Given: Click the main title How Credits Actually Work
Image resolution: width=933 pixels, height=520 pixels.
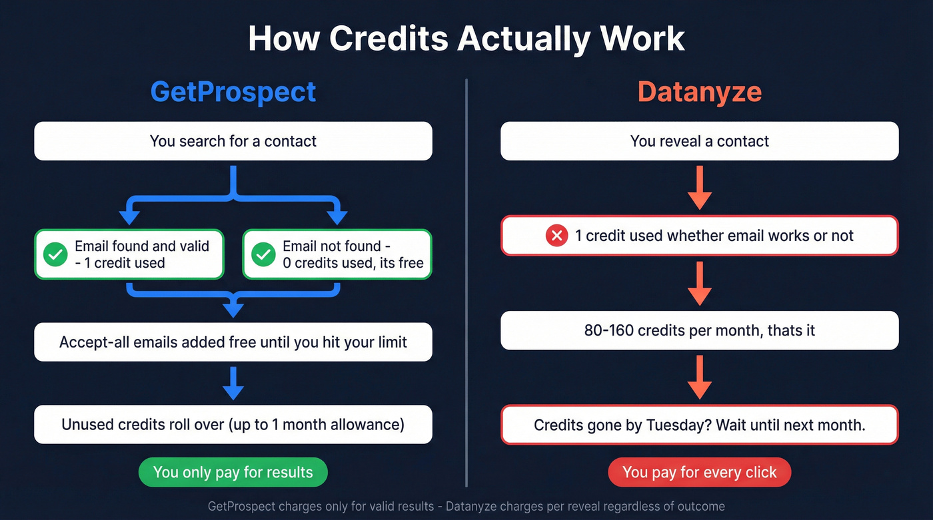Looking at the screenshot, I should (x=466, y=38).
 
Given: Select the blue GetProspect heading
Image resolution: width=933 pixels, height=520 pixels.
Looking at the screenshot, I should (x=233, y=92).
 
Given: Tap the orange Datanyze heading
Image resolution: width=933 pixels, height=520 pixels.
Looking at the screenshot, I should (x=699, y=92).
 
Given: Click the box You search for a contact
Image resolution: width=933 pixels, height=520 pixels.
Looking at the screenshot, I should (x=233, y=141).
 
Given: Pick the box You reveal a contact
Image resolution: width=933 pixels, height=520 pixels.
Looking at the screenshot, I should (x=699, y=141).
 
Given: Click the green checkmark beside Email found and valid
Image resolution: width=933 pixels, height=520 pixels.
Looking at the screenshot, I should (x=55, y=254).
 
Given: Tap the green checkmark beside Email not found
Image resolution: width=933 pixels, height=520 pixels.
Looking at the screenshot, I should (x=263, y=254).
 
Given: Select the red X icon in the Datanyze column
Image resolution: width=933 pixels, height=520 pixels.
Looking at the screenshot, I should (x=556, y=236).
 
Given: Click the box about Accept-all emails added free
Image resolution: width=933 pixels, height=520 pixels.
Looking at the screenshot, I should (x=233, y=342).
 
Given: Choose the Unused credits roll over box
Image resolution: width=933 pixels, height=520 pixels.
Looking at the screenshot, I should (x=233, y=424).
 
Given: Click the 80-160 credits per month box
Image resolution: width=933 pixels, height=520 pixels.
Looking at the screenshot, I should (x=699, y=330).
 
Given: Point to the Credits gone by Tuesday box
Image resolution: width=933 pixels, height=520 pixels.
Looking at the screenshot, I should (x=699, y=425).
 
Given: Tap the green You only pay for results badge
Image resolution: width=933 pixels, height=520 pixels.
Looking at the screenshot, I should (x=233, y=473).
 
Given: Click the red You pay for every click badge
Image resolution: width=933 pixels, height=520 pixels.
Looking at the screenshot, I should (x=699, y=473).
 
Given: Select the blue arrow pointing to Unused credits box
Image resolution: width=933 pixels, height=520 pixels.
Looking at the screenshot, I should (x=233, y=384).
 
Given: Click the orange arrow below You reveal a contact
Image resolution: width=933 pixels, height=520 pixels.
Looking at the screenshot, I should (x=699, y=188).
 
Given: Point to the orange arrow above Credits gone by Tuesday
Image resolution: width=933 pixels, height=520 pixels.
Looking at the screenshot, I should (x=699, y=378).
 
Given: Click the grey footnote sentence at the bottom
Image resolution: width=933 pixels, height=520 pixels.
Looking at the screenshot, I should (x=466, y=506).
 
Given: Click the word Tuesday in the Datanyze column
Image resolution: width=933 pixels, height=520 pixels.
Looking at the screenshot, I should (x=678, y=425).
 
